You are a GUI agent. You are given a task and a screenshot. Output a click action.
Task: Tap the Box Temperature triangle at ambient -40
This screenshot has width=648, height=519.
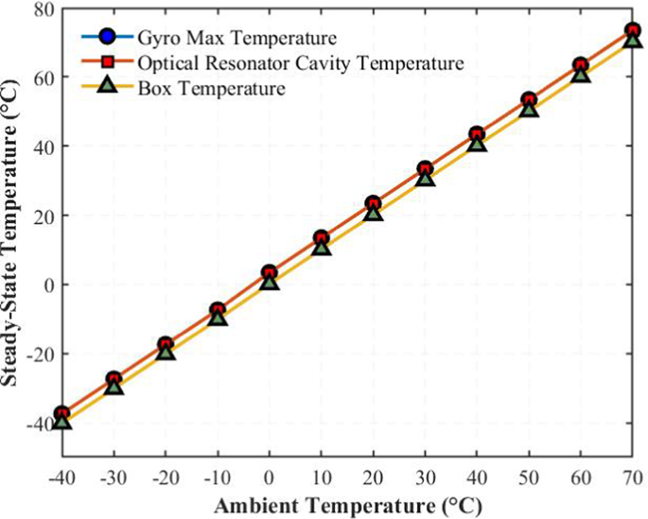(61, 420)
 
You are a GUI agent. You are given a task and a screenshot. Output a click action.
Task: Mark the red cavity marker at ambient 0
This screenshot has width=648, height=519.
(270, 272)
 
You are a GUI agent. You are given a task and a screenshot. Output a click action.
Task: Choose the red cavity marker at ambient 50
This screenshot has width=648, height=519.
(529, 100)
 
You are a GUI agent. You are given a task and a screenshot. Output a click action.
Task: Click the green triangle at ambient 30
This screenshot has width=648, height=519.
(425, 178)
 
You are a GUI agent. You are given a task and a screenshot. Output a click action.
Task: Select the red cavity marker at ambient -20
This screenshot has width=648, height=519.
(166, 344)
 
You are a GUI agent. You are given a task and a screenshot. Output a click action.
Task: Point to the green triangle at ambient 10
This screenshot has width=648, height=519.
(321, 247)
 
